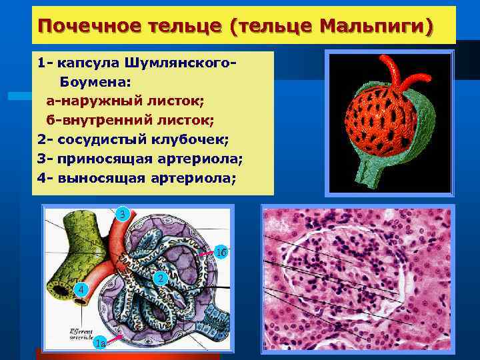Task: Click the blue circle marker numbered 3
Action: coord(122,215)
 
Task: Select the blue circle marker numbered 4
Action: coord(80,290)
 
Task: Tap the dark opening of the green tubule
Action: coord(71,234)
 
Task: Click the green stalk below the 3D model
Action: coord(365,175)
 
